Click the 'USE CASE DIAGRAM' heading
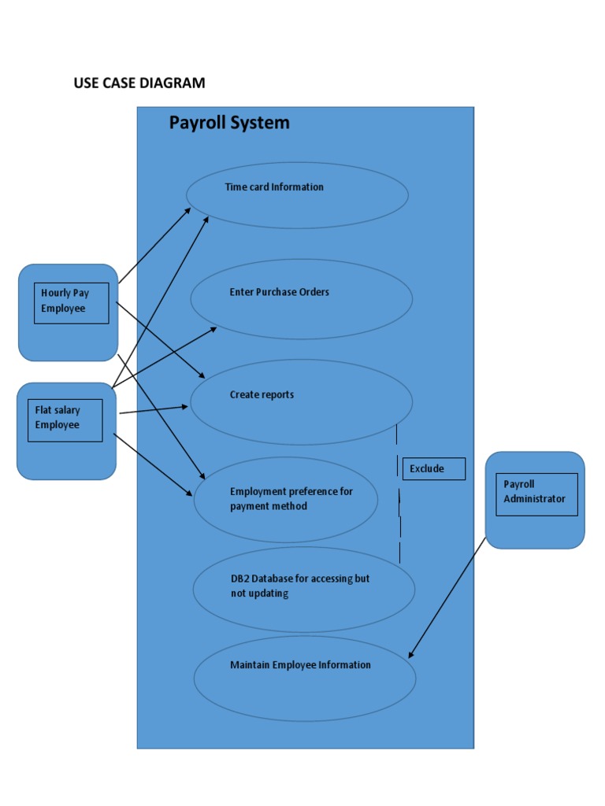(x=139, y=83)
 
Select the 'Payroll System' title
(x=229, y=123)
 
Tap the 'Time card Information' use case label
(x=274, y=187)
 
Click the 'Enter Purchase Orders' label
(x=279, y=292)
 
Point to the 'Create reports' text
(x=262, y=395)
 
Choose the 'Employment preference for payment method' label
(x=291, y=499)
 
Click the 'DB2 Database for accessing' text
(x=299, y=579)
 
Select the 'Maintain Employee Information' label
(x=300, y=665)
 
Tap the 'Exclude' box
(x=432, y=469)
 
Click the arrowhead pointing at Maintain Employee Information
(x=410, y=654)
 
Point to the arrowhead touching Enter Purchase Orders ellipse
(x=213, y=329)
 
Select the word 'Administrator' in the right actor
(x=535, y=499)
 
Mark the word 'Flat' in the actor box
(x=44, y=410)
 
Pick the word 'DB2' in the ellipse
(x=239, y=579)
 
